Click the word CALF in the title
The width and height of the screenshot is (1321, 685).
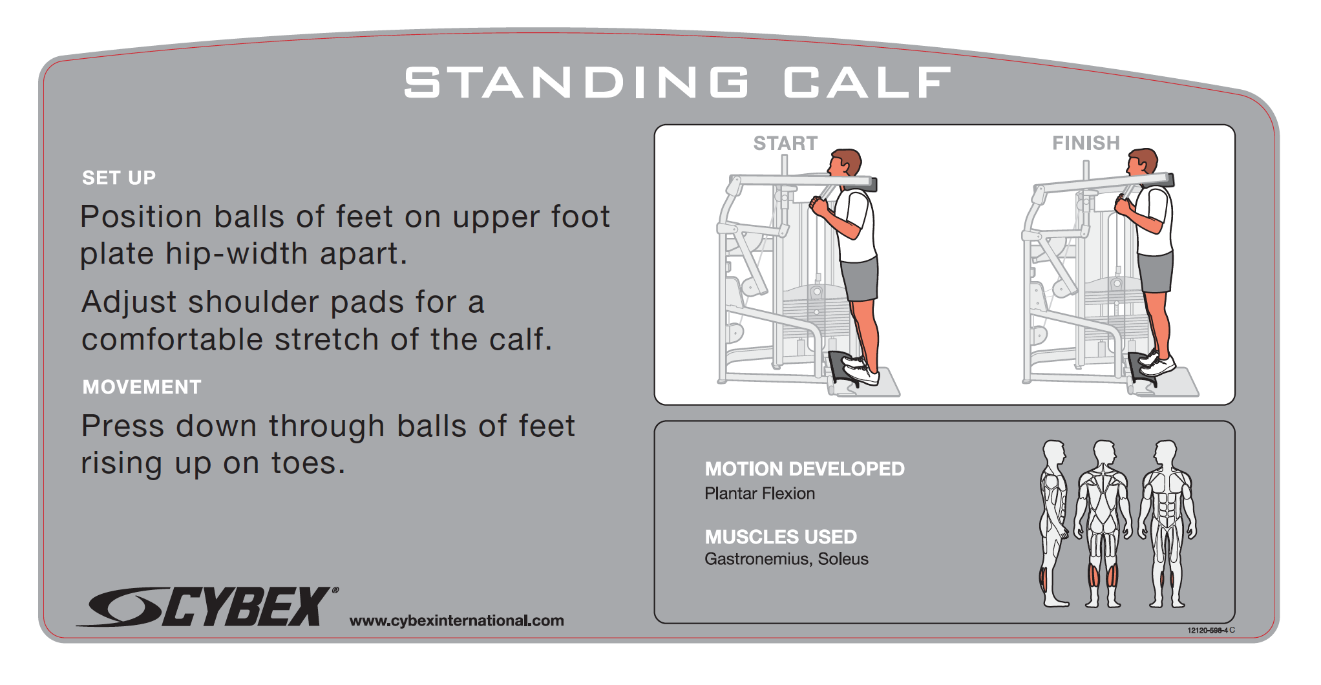pyautogui.click(x=867, y=83)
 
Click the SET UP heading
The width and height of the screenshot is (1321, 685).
pyautogui.click(x=119, y=178)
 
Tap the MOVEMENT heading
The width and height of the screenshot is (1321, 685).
pyautogui.click(x=142, y=387)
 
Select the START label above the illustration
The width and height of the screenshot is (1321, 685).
pyautogui.click(x=785, y=143)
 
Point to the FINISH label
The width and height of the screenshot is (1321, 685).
pyautogui.click(x=1086, y=143)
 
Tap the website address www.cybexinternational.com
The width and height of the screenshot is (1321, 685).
pyautogui.click(x=456, y=620)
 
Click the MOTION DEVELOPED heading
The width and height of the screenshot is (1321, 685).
pyautogui.click(x=805, y=469)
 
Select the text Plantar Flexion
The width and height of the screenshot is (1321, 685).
pyautogui.click(x=759, y=494)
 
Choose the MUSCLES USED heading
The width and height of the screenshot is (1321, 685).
pyautogui.click(x=781, y=537)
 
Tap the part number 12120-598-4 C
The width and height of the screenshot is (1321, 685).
pyautogui.click(x=1210, y=630)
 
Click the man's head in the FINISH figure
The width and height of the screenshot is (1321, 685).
pyautogui.click(x=1142, y=162)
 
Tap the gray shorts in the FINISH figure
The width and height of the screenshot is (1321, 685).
pyautogui.click(x=1156, y=272)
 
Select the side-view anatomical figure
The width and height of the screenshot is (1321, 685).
pyautogui.click(x=1053, y=523)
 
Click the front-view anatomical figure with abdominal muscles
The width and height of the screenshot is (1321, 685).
pyautogui.click(x=1167, y=523)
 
